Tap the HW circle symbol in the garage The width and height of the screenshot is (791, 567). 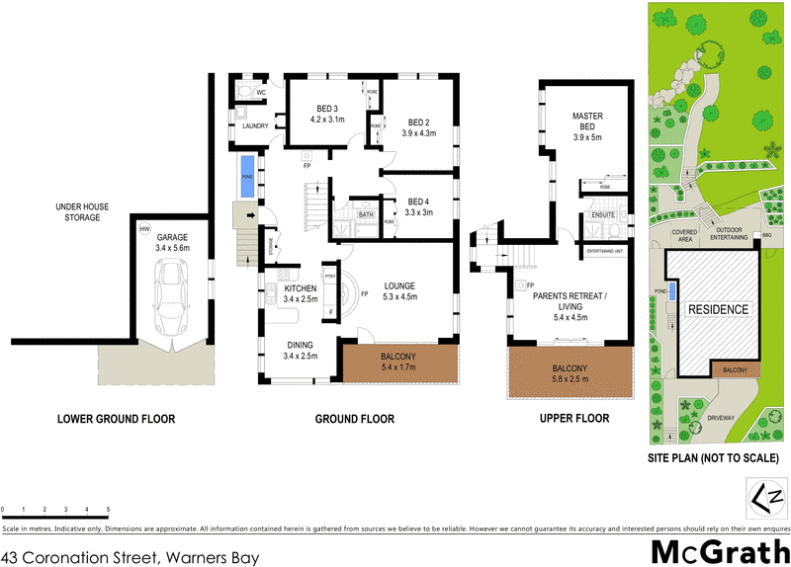tap(145, 229)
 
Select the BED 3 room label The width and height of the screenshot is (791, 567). tap(327, 109)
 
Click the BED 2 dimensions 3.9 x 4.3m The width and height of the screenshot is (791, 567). tap(419, 133)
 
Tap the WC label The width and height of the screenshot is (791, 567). tap(261, 93)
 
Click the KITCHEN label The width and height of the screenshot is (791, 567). tap(299, 288)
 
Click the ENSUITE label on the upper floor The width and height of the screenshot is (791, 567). tap(603, 214)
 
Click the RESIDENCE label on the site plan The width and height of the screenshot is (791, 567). tap(718, 309)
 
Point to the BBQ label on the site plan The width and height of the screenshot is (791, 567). tap(766, 235)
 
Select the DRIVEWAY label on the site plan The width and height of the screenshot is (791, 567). tap(722, 419)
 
